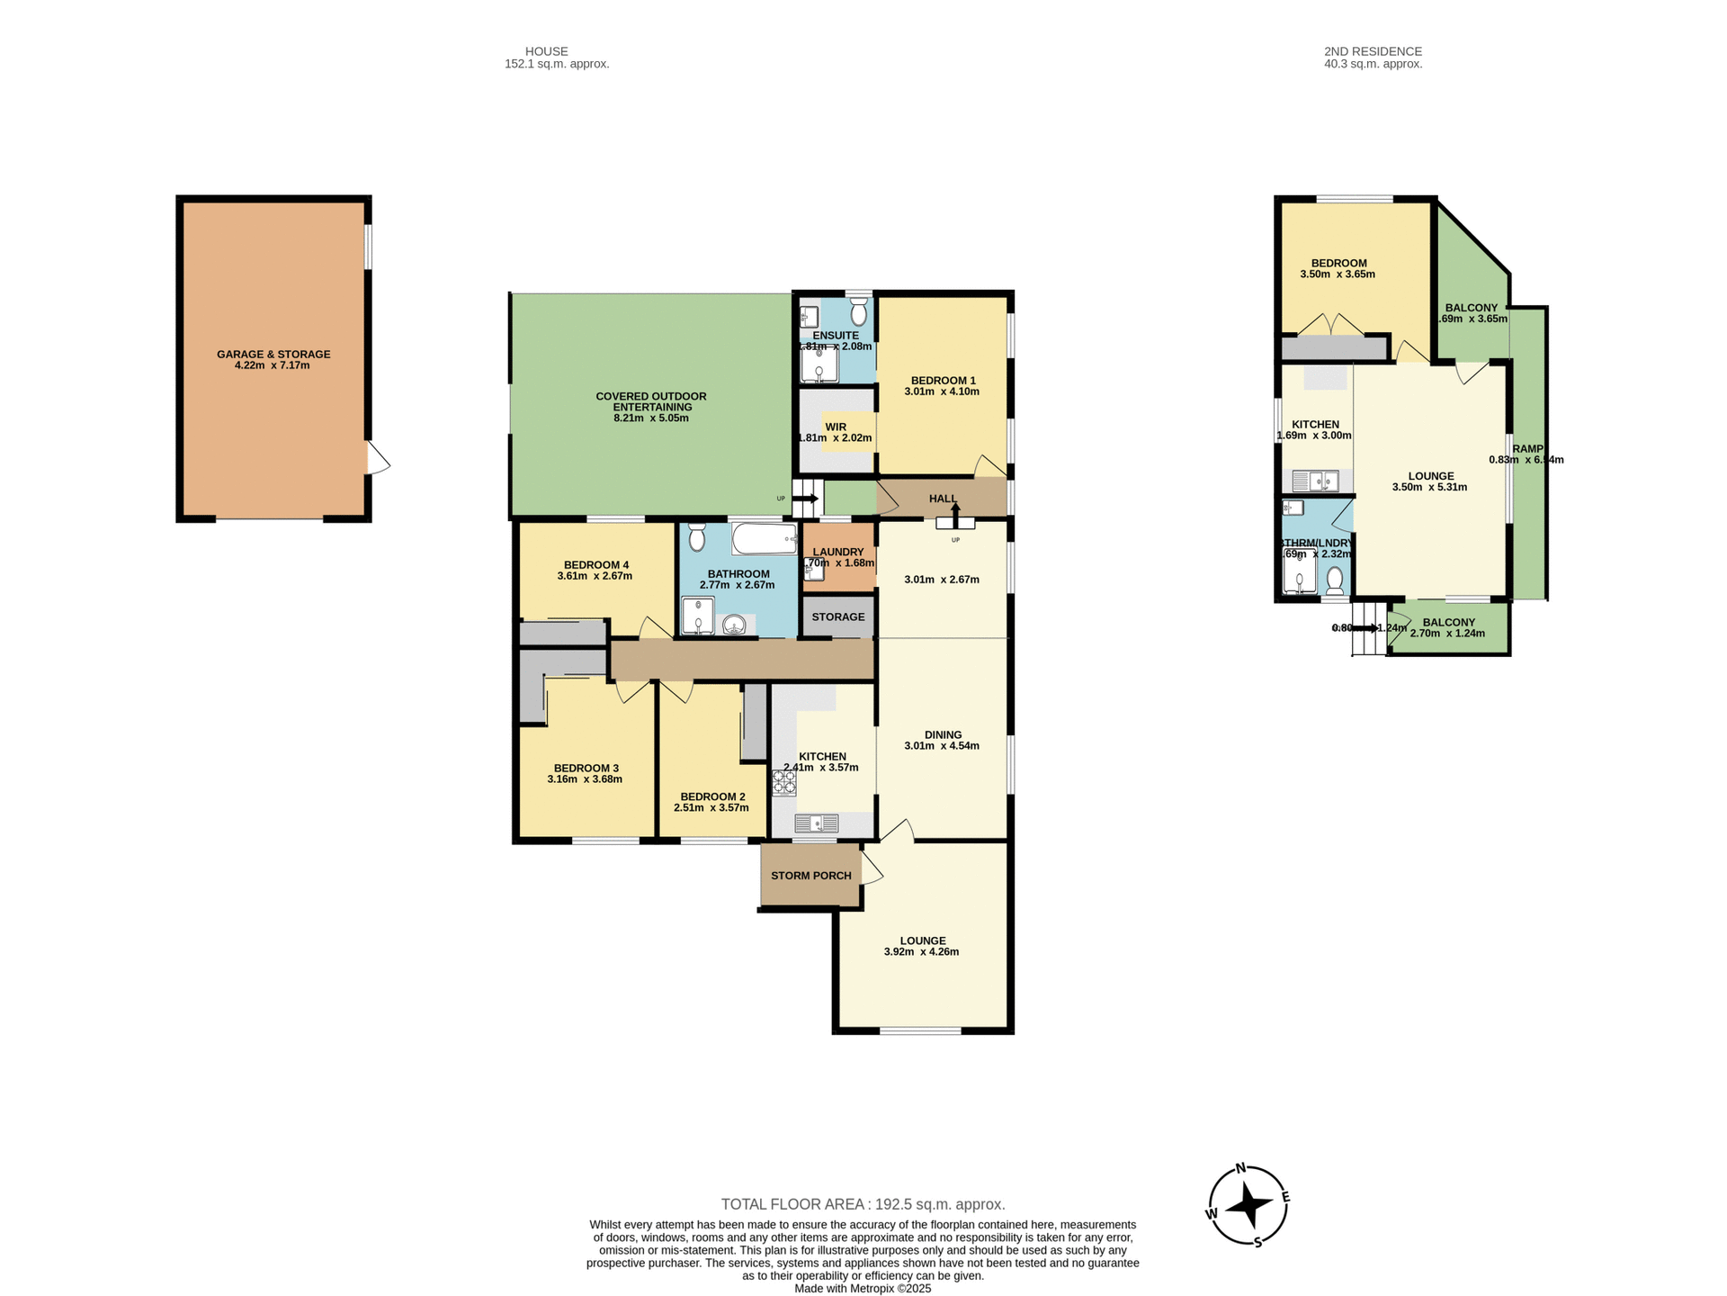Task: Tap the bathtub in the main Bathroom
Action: coord(765,539)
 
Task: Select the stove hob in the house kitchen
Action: coord(783,781)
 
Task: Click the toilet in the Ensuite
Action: coord(858,312)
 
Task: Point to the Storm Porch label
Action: coord(810,875)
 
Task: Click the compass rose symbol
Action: coord(1248,1205)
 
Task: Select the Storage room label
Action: coord(838,616)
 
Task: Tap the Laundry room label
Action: coord(837,552)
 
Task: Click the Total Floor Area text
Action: coord(863,1204)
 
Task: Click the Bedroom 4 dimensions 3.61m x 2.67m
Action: coord(595,576)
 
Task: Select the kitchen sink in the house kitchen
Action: coord(816,823)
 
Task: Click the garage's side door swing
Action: coord(378,458)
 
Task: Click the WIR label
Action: coord(836,427)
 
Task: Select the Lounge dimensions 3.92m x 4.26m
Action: coord(921,951)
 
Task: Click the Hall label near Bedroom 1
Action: coord(943,499)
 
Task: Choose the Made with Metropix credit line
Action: coord(863,1289)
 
